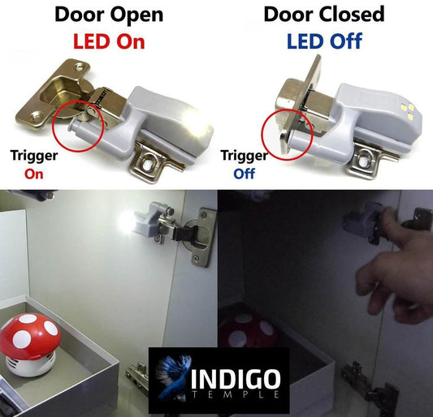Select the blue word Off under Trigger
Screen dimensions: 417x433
(244, 174)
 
